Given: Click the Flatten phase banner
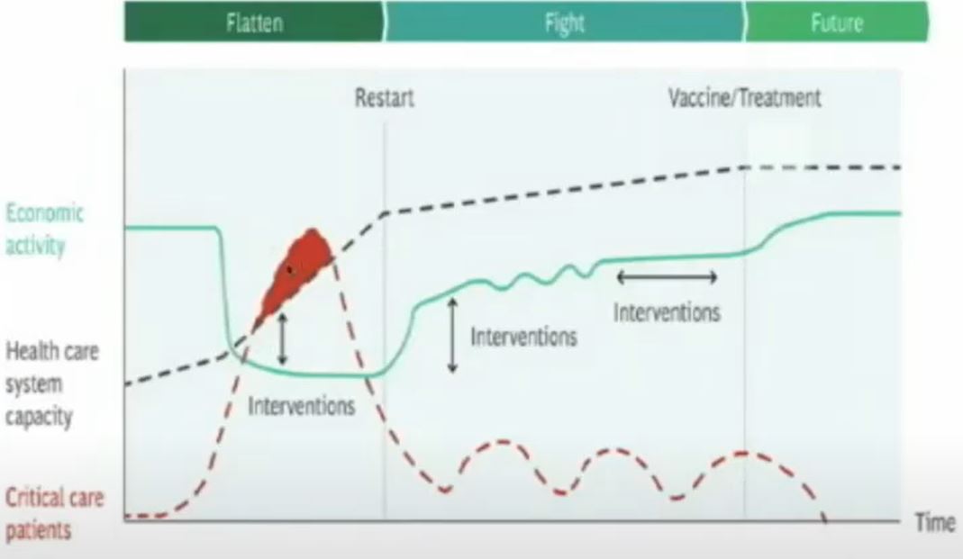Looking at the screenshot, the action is [254, 23].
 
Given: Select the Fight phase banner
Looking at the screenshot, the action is [564, 23].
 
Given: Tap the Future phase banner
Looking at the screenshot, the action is [837, 23].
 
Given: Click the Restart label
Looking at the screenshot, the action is [385, 98].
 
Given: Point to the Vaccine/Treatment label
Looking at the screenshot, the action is [744, 98].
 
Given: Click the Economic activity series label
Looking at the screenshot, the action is [44, 230].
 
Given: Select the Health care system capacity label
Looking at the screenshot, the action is [51, 384].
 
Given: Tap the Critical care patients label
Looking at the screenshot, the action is [54, 513].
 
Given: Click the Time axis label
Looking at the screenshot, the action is [935, 523].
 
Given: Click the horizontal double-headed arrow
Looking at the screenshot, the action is [667, 277].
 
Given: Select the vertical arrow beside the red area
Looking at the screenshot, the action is [282, 338].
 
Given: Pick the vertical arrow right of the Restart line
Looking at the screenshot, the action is [452, 335].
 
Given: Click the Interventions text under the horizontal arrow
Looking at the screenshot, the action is [667, 313].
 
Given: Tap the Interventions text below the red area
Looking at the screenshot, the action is [302, 406].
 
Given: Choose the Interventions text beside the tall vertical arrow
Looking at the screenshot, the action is [524, 337].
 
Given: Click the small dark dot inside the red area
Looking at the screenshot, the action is [290, 269].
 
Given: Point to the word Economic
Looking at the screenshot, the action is [44, 213].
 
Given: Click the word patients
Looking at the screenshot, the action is [38, 529].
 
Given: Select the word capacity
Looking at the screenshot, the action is [39, 417].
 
